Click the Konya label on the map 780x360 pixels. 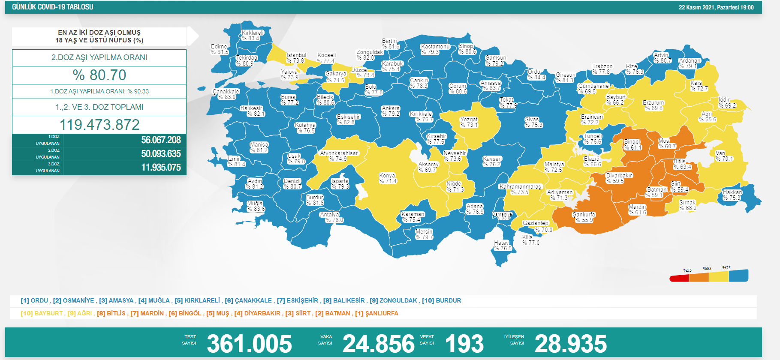(x=388, y=178)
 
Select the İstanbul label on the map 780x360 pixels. (x=296, y=58)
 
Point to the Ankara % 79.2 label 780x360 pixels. (x=391, y=111)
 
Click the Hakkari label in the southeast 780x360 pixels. (x=732, y=195)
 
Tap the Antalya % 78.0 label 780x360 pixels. (x=331, y=217)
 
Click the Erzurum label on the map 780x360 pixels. (x=654, y=105)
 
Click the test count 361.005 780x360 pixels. (x=249, y=344)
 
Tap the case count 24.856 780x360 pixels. (x=379, y=344)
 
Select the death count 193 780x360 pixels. (x=464, y=344)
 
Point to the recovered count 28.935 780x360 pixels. (x=570, y=344)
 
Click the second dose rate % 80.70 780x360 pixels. (x=99, y=75)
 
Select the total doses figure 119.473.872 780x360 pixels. (x=99, y=125)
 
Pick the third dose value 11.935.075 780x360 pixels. (x=161, y=168)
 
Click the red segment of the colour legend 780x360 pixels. (x=679, y=279)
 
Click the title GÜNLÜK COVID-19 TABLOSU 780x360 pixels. (x=52, y=7)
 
